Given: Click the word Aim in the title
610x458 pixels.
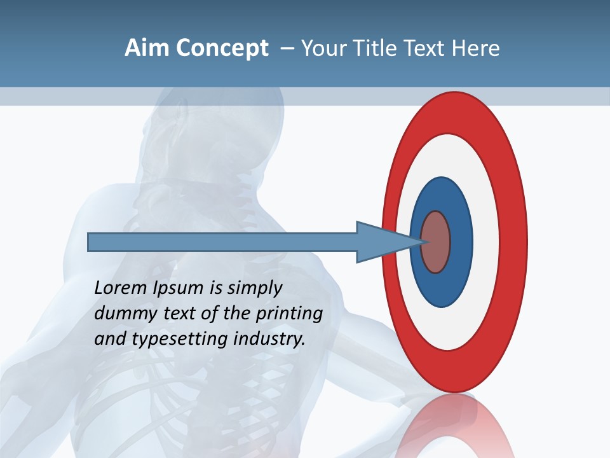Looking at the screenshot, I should [147, 48].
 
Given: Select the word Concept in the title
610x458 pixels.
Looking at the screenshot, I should [222, 48].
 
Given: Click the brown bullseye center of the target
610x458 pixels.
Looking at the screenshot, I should [436, 242].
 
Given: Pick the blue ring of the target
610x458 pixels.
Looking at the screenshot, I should [461, 242].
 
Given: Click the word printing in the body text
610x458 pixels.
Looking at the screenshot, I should [288, 314].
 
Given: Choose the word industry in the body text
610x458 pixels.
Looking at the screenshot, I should [269, 339].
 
